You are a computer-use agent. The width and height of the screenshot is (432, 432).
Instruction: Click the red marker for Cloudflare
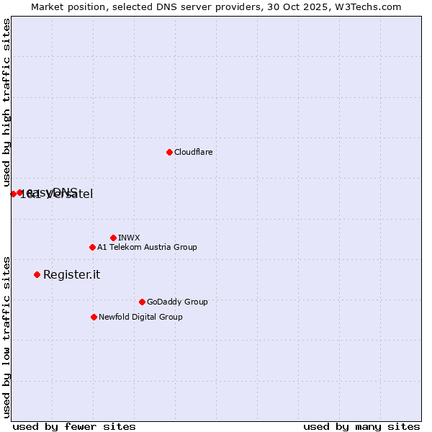coord(169,152)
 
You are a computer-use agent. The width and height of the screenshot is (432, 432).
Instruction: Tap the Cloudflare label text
coord(193,152)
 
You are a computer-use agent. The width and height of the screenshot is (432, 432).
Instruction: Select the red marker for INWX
coord(113,238)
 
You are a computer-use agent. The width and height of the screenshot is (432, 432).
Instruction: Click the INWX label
coord(129,238)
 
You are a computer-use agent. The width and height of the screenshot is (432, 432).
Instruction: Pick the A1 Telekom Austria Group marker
coord(92,247)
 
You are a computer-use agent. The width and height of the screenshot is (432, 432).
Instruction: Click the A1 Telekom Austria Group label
coord(147,247)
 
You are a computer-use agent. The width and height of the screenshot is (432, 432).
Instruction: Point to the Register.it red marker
coord(37,274)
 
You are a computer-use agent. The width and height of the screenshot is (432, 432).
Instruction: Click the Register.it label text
coord(71,274)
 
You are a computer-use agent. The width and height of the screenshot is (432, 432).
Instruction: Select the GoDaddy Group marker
coord(142,302)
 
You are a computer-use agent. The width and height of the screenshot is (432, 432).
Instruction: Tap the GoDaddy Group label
coord(177,302)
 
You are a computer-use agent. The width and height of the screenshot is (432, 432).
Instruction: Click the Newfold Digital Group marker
coord(94,317)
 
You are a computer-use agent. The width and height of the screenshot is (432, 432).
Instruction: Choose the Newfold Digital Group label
coord(140,317)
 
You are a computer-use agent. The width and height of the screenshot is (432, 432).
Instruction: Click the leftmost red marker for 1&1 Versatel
coord(13,194)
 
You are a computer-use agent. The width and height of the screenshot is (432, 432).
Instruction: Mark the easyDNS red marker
coord(20,192)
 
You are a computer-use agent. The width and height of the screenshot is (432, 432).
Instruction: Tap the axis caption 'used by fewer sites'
coord(74,426)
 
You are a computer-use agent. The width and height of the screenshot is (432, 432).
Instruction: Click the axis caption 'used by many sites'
coord(361,426)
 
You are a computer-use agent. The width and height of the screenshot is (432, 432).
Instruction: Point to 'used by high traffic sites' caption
coord(6,103)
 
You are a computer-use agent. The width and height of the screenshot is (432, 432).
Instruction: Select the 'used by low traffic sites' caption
coord(6,337)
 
